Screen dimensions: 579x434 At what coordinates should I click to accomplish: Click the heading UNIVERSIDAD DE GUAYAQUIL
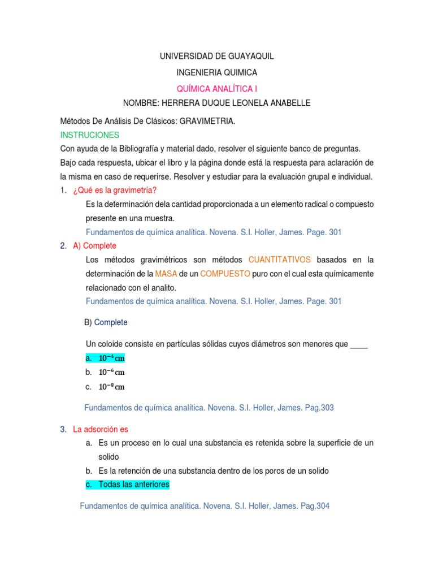pyautogui.click(x=217, y=57)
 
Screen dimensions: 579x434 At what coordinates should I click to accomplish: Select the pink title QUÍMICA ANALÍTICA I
pyautogui.click(x=217, y=88)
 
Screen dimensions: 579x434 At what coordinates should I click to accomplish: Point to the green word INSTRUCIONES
pyautogui.click(x=89, y=135)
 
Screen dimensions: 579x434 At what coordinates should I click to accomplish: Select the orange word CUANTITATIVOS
pyautogui.click(x=280, y=260)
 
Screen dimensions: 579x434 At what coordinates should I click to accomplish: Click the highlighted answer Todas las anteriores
pyautogui.click(x=133, y=485)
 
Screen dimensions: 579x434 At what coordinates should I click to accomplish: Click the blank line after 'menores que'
pyautogui.click(x=359, y=344)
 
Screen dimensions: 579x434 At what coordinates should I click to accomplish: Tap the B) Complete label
pyautogui.click(x=106, y=322)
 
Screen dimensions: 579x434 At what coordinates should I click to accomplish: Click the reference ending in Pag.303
pyautogui.click(x=209, y=408)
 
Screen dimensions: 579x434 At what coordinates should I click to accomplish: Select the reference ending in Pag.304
pyautogui.click(x=205, y=506)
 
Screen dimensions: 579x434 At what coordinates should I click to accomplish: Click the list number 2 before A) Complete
pyautogui.click(x=63, y=245)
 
